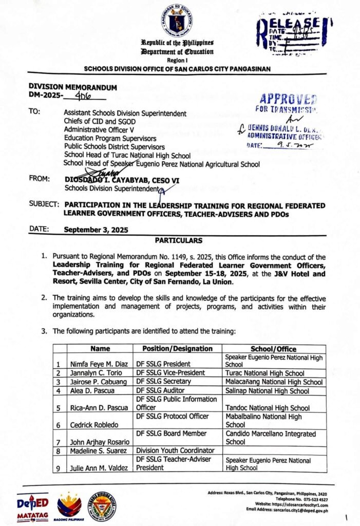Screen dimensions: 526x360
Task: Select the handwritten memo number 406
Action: (x=81, y=96)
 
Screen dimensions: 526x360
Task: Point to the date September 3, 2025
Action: (x=96, y=230)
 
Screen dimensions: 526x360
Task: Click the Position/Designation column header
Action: (x=178, y=349)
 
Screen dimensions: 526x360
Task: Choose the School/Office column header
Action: (x=273, y=349)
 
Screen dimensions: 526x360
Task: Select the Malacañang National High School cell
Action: (x=273, y=382)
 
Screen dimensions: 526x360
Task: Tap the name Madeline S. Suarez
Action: (x=97, y=451)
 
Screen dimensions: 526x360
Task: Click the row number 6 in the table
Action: (x=59, y=425)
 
